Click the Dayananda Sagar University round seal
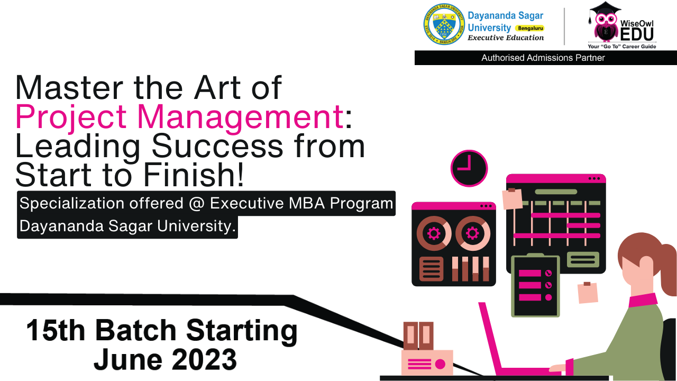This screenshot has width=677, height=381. click(444, 24)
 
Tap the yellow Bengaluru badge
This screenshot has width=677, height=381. click(530, 28)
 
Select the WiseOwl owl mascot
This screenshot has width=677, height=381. click(606, 22)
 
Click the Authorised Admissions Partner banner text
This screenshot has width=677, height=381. click(543, 58)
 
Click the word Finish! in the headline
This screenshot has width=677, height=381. click(194, 175)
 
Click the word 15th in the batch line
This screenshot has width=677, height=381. click(56, 330)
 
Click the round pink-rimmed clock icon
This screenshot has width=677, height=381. click(469, 168)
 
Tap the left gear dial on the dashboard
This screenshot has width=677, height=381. click(434, 233)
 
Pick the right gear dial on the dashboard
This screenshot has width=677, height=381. click(473, 233)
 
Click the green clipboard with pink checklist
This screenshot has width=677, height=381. click(535, 285)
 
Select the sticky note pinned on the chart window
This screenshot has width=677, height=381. click(513, 198)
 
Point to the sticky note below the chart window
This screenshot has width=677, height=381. click(588, 293)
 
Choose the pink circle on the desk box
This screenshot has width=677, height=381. click(440, 364)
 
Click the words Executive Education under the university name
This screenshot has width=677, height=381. click(506, 38)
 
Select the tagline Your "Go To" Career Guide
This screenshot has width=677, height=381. click(621, 46)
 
